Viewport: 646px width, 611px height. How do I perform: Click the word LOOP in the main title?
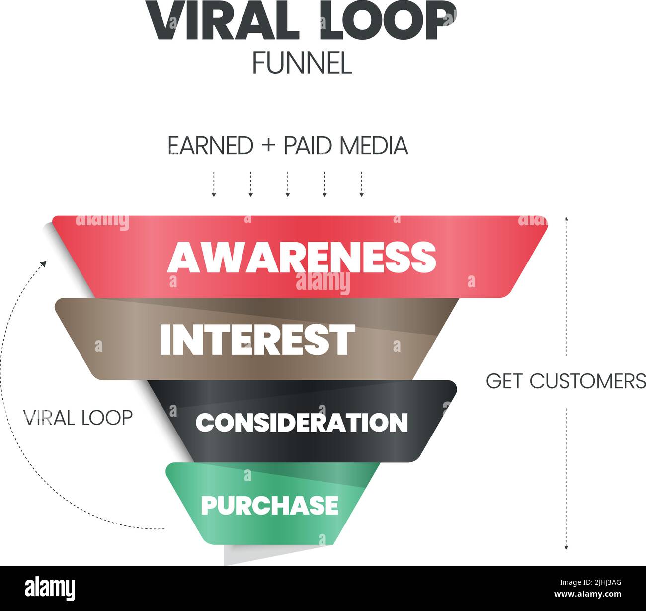388,21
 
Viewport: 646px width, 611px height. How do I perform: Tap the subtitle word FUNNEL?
302,64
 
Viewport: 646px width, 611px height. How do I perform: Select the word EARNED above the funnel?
211,146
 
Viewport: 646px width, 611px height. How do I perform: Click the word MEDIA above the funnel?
374,146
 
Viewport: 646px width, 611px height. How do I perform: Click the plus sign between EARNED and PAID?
268,146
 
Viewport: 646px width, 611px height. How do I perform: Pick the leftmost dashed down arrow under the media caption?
214,184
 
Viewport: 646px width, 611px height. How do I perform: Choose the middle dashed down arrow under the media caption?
288,184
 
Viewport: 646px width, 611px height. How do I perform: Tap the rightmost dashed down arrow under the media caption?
361,184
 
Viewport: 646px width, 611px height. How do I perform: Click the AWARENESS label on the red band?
302,257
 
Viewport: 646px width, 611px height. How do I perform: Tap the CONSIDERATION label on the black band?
302,423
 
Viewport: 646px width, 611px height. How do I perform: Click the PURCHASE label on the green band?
269,505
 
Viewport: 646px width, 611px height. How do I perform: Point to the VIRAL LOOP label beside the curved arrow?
79,417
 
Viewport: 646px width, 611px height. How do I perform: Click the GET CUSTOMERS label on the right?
565,381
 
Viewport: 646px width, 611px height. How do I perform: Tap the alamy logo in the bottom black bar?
50,589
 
